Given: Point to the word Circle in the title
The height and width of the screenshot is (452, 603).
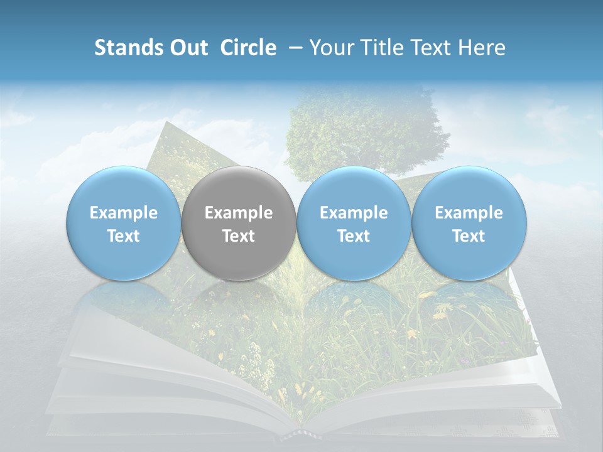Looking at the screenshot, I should (248, 48).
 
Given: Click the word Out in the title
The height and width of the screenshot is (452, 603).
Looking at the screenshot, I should (188, 48).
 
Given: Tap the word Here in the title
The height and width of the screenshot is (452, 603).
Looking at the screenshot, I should (482, 48).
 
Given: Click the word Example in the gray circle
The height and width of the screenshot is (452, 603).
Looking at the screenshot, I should (239, 213).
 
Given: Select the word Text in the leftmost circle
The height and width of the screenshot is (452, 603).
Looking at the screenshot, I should (123, 236).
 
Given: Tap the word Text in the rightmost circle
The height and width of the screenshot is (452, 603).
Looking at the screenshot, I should (469, 236).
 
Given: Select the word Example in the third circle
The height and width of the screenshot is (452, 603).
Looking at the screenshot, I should (354, 213).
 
